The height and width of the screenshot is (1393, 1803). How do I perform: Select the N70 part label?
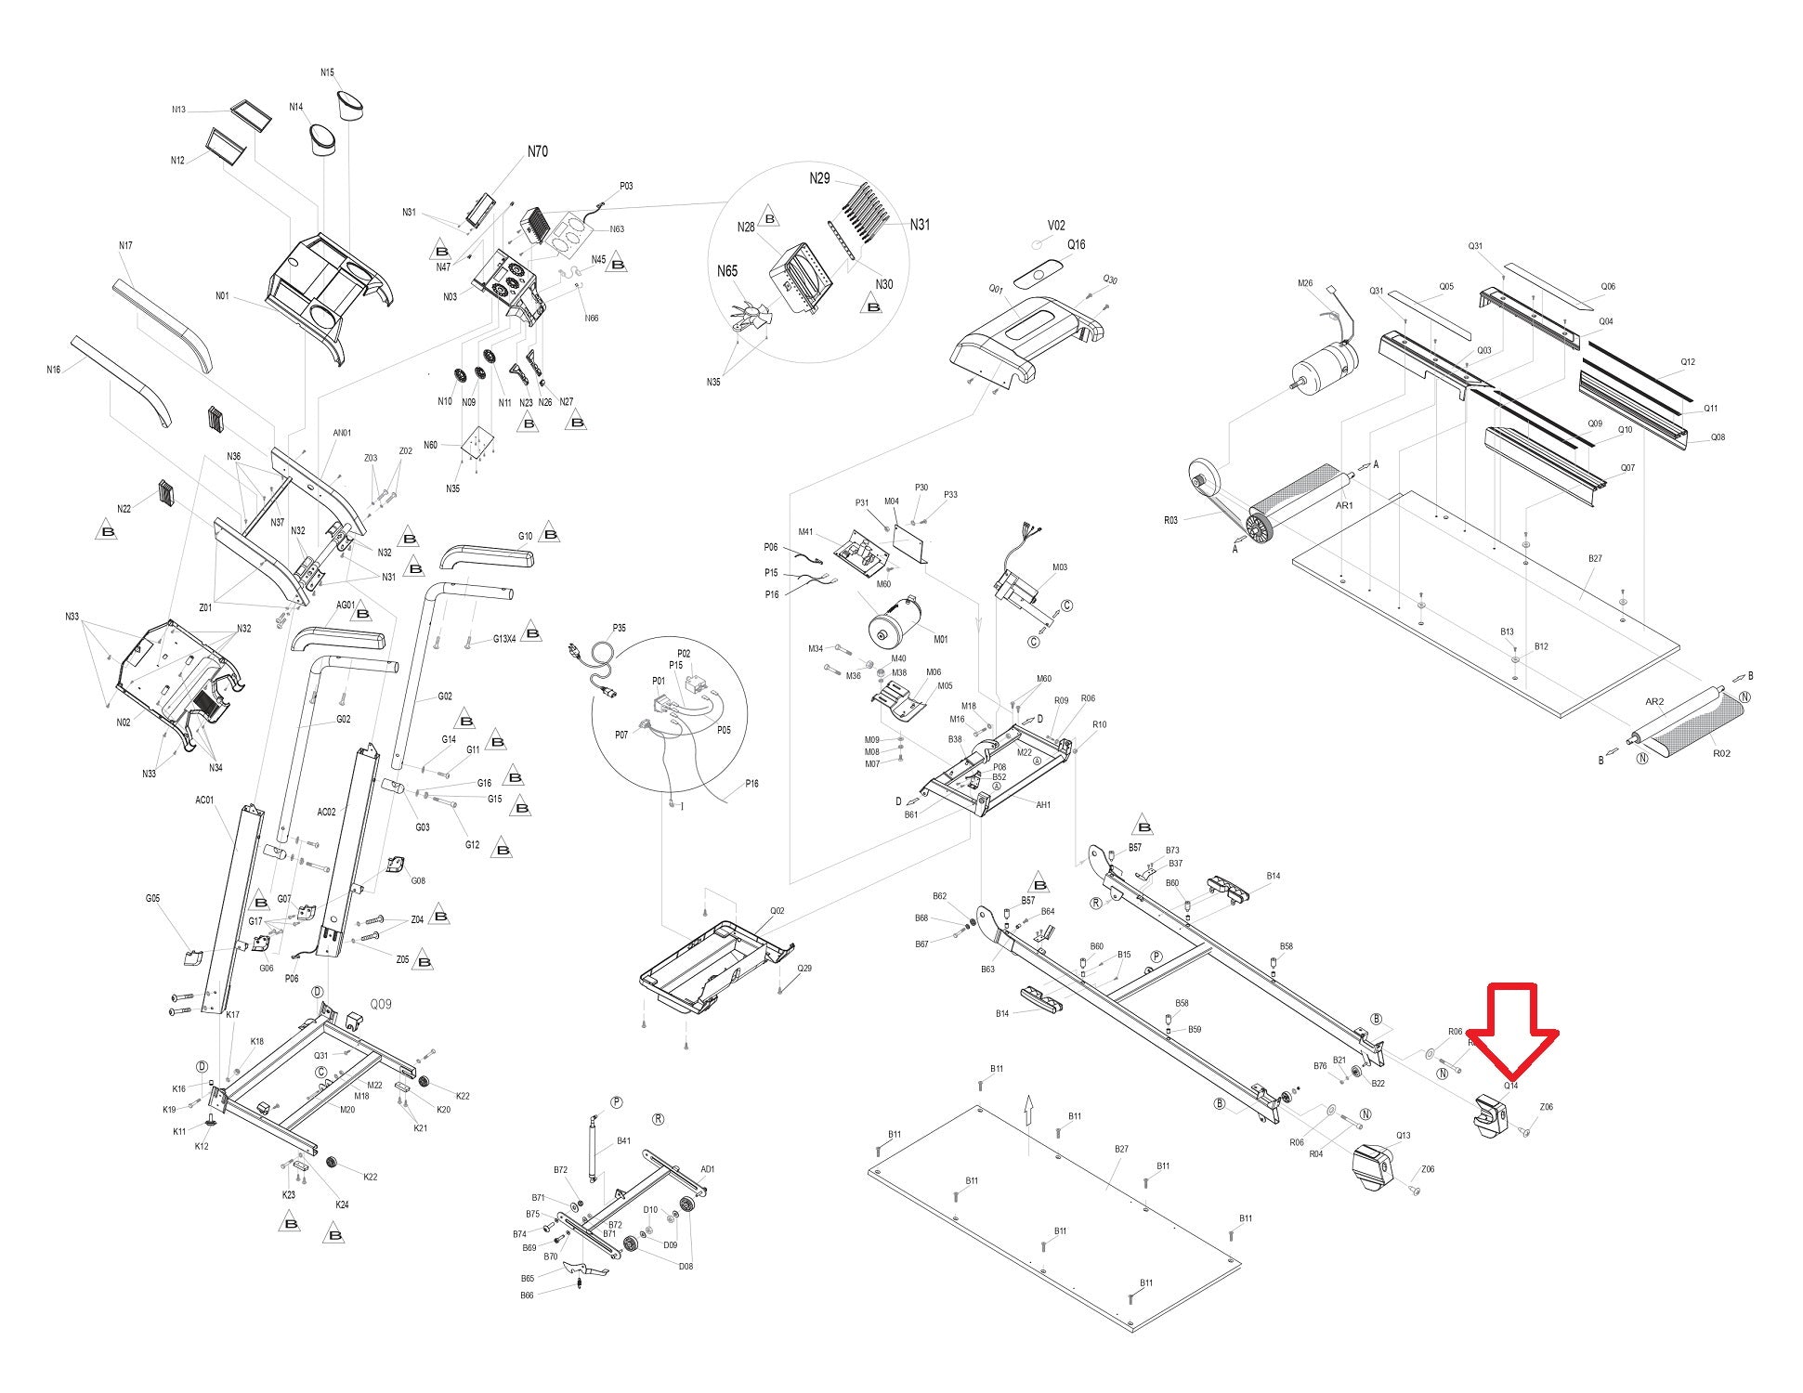(537, 151)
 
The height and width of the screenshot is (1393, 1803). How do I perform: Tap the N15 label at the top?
(327, 72)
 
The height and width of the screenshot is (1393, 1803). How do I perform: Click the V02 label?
(1056, 226)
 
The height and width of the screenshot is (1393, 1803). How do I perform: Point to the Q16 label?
(1076, 245)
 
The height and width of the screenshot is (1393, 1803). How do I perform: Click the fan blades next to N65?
(750, 316)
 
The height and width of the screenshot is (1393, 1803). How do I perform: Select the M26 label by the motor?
(1305, 284)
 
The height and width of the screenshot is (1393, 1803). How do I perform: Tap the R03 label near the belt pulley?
(1170, 521)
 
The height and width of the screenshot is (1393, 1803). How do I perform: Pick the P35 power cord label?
(620, 629)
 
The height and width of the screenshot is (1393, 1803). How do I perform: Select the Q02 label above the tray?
(777, 911)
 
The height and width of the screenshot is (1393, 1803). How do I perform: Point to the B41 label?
(623, 1141)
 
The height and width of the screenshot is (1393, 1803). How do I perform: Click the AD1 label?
(707, 1169)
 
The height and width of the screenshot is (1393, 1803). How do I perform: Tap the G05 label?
(152, 898)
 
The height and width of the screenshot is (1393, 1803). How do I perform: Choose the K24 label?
(342, 1204)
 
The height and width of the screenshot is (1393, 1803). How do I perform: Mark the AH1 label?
(1043, 805)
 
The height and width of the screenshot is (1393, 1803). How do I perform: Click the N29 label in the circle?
(819, 179)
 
